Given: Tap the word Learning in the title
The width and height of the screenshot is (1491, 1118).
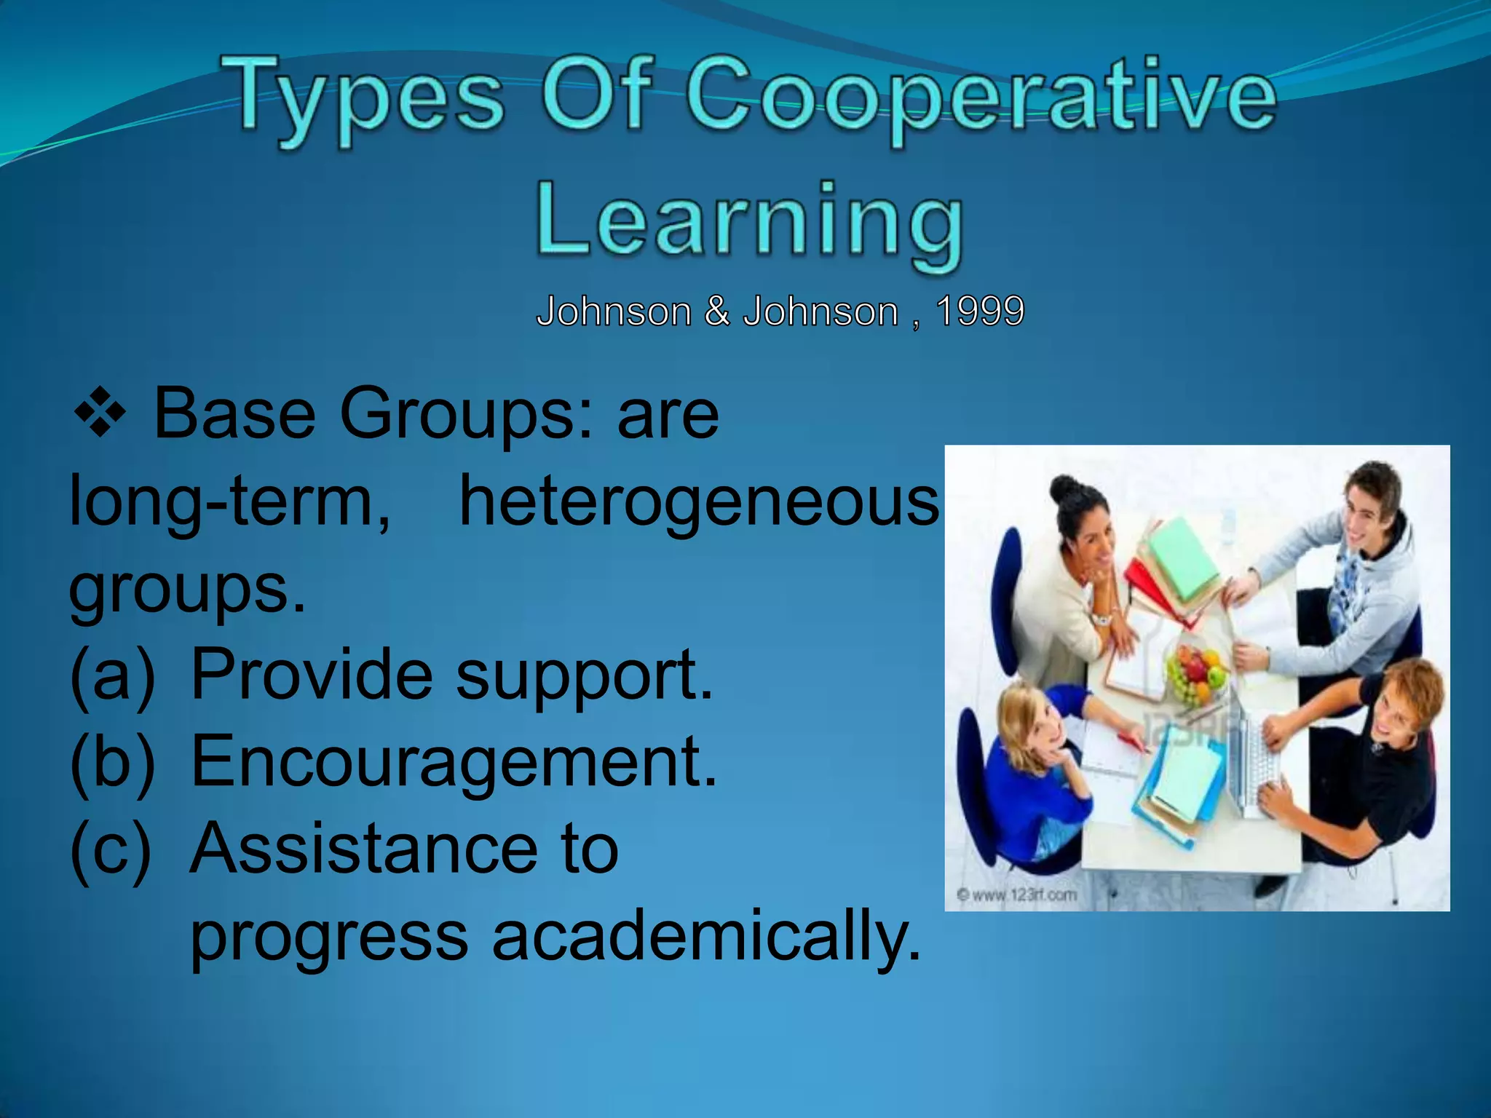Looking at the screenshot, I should click(750, 221).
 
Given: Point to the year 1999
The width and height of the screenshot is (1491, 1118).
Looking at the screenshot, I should click(980, 312).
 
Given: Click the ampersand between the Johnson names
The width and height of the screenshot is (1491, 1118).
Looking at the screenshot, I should click(716, 312).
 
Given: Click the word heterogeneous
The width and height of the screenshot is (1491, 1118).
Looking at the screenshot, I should click(699, 502).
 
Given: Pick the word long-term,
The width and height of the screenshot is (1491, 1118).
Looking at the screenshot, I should click(230, 502).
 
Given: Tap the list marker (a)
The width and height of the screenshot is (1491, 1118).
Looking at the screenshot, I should click(113, 675).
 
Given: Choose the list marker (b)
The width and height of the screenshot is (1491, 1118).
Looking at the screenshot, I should click(113, 762).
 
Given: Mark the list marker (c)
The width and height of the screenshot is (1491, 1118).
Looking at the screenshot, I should click(111, 849).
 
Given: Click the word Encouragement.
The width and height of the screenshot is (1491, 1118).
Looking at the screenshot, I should click(454, 761).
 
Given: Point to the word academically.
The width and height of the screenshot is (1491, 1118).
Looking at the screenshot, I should click(706, 936).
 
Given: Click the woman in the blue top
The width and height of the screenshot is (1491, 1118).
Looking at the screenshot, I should click(1034, 772).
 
